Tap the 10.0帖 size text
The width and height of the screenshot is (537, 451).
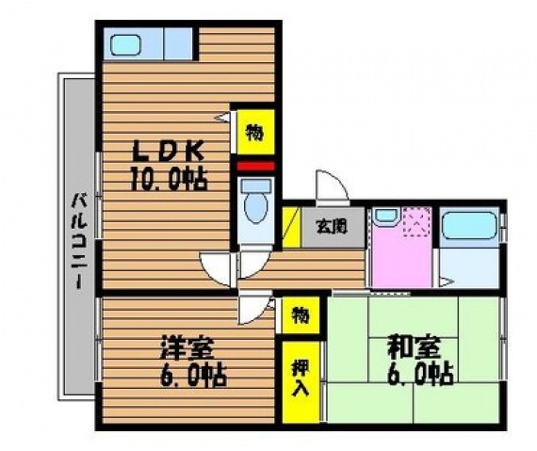tap(168, 177)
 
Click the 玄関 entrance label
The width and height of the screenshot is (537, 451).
tap(331, 226)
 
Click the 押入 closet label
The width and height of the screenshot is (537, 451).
tap(298, 378)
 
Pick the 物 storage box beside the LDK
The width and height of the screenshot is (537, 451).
tap(253, 132)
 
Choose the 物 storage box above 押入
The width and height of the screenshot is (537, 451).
tap(298, 314)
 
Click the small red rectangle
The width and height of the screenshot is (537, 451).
tap(253, 168)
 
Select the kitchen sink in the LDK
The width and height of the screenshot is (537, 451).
tap(125, 43)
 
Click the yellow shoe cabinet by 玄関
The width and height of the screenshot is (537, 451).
tap(291, 226)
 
